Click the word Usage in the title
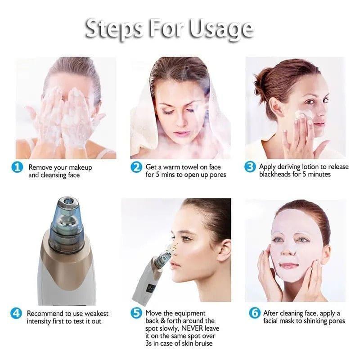[221, 29]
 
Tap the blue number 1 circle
[17, 168]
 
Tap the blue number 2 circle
[136, 168]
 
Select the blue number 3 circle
[250, 167]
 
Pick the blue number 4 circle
[17, 314]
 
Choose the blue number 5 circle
[136, 313]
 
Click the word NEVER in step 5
[193, 328]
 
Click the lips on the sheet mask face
[289, 265]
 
